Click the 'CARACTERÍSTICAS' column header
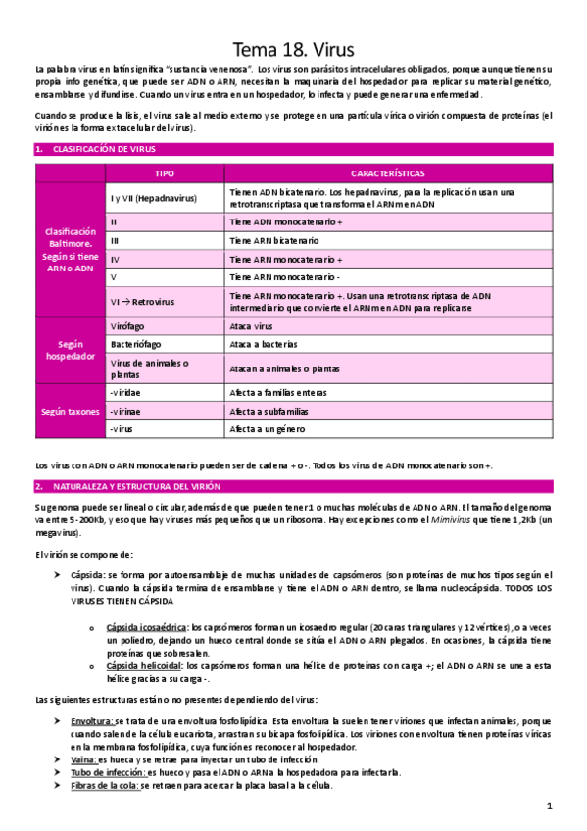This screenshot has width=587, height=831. pos(387,172)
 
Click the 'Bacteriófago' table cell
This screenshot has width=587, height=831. pos(137,346)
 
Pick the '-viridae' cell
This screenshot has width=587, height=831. pos(128,392)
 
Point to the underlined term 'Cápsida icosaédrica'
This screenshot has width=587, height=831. pos(147,626)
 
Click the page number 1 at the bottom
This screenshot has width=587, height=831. pos(551,806)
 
